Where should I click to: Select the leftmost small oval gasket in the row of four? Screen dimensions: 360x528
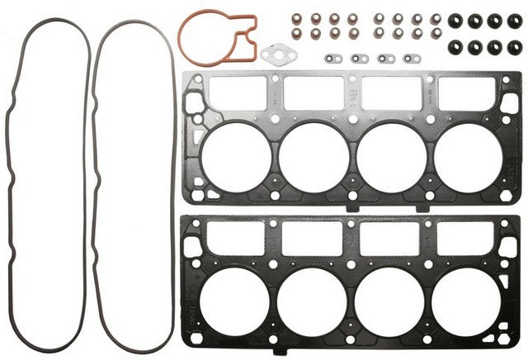point(334,59)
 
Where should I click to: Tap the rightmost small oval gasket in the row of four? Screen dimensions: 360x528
point(409,59)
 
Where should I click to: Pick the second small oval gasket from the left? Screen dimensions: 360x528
point(360,59)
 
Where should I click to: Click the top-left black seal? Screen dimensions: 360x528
point(454,18)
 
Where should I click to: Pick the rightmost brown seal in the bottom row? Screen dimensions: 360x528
point(434,34)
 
